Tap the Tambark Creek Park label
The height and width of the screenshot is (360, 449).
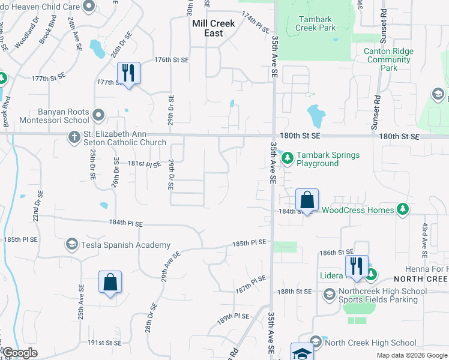pyautogui.click(x=316, y=23)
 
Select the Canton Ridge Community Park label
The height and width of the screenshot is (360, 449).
pyautogui.click(x=388, y=59)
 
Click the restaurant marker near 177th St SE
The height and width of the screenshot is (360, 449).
pyautogui.click(x=128, y=73)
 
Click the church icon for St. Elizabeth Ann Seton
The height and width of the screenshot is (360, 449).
pyautogui.click(x=73, y=139)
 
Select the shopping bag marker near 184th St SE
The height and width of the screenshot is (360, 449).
pyautogui.click(x=307, y=200)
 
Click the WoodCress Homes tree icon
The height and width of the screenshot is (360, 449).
pyautogui.click(x=403, y=210)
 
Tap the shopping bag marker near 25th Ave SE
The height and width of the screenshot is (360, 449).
pyautogui.click(x=110, y=282)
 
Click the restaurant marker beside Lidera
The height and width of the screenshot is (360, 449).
pyautogui.click(x=357, y=266)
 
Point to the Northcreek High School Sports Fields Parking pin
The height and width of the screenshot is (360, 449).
pyautogui.click(x=329, y=295)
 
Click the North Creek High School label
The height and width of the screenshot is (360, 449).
pyautogui.click(x=370, y=343)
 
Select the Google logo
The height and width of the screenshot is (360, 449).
pyautogui.click(x=20, y=353)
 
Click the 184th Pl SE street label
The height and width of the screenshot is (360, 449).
pyautogui.click(x=126, y=223)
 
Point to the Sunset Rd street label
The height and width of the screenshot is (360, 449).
pyautogui.click(x=377, y=107)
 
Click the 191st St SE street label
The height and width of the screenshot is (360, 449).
pyautogui.click(x=104, y=343)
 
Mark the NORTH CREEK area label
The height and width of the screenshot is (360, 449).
pyautogui.click(x=420, y=280)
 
